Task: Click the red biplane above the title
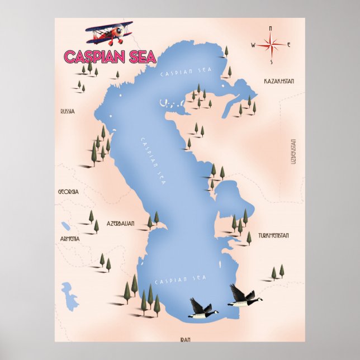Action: [110, 34]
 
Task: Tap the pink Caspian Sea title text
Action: [101, 56]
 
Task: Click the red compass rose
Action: [270, 45]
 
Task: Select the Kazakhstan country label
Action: [279, 81]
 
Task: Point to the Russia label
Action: [67, 112]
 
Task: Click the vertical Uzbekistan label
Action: [292, 151]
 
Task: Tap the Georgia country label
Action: [68, 191]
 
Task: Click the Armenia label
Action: [70, 239]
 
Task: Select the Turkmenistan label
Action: [273, 235]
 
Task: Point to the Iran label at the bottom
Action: [186, 339]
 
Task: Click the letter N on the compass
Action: [270, 27]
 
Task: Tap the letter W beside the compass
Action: [253, 45]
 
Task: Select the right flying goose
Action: [242, 297]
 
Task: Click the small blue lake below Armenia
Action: [70, 296]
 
